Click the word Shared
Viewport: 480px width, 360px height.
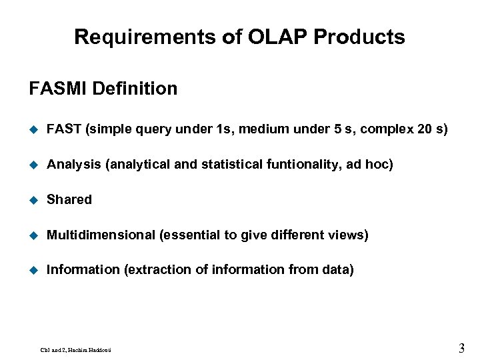(69, 199)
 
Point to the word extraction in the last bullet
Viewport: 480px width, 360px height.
(155, 270)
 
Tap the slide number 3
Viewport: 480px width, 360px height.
(461, 347)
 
